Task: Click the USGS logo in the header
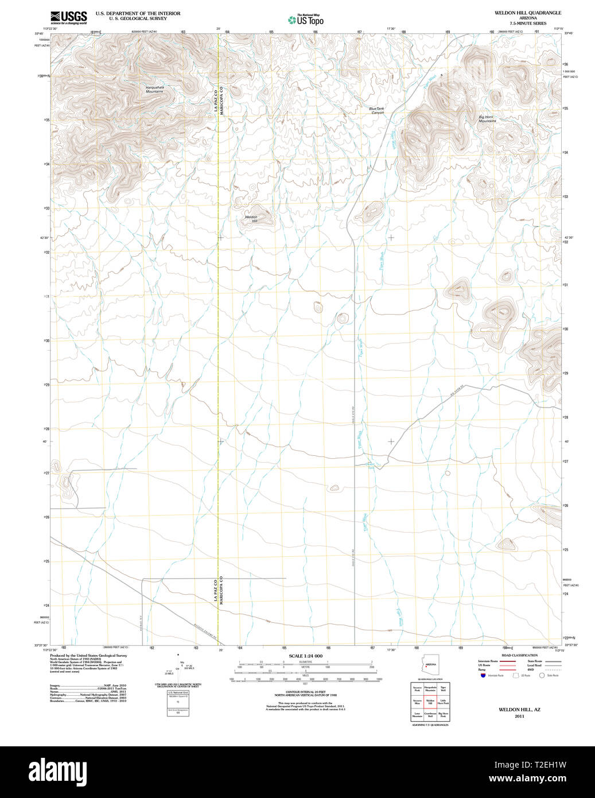pyautogui.click(x=68, y=17)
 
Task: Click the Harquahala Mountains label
pyautogui.click(x=154, y=89)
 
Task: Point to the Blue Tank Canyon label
pyautogui.click(x=377, y=110)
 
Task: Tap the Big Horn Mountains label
pyautogui.click(x=487, y=119)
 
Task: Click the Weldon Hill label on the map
pyautogui.click(x=251, y=219)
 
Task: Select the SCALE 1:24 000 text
pyautogui.click(x=305, y=656)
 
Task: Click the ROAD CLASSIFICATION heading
pyautogui.click(x=519, y=655)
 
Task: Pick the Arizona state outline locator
pyautogui.click(x=430, y=664)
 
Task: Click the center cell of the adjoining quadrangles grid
pyautogui.click(x=430, y=702)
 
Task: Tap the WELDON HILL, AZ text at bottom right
pyautogui.click(x=519, y=710)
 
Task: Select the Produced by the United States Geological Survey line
pyautogui.click(x=88, y=655)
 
